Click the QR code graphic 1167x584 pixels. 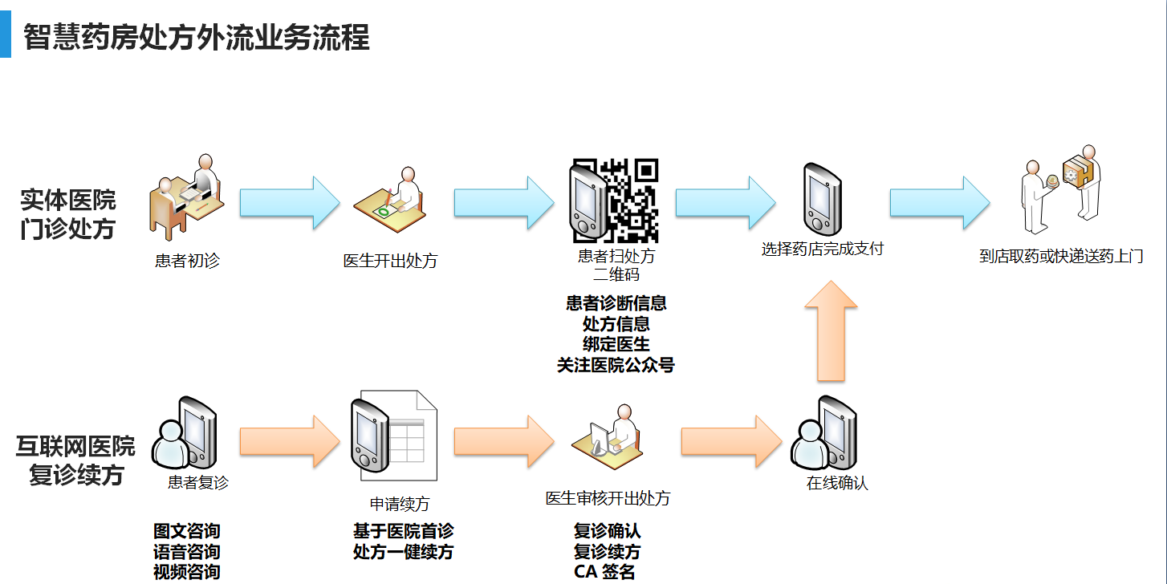pyautogui.click(x=632, y=201)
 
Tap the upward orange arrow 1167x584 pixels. pyautogui.click(x=831, y=331)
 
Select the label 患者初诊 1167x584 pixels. pyautogui.click(x=187, y=261)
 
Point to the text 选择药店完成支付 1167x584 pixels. pyautogui.click(x=822, y=249)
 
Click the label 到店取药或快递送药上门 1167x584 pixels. pyautogui.click(x=1061, y=257)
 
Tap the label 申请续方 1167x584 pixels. pyautogui.click(x=399, y=504)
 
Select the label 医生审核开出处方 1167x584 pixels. pyautogui.click(x=608, y=498)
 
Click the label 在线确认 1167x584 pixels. pyautogui.click(x=837, y=483)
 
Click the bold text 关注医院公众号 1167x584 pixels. pyautogui.click(x=616, y=366)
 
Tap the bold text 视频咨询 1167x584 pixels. pyautogui.click(x=186, y=572)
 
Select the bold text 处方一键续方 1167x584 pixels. pyautogui.click(x=403, y=552)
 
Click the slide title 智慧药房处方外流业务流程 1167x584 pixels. pyautogui.click(x=197, y=38)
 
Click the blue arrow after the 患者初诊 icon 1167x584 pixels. pyautogui.click(x=290, y=202)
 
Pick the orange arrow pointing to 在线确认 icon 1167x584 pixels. pyautogui.click(x=730, y=441)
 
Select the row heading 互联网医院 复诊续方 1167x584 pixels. pyautogui.click(x=75, y=460)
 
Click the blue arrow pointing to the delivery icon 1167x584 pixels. pyautogui.click(x=939, y=202)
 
